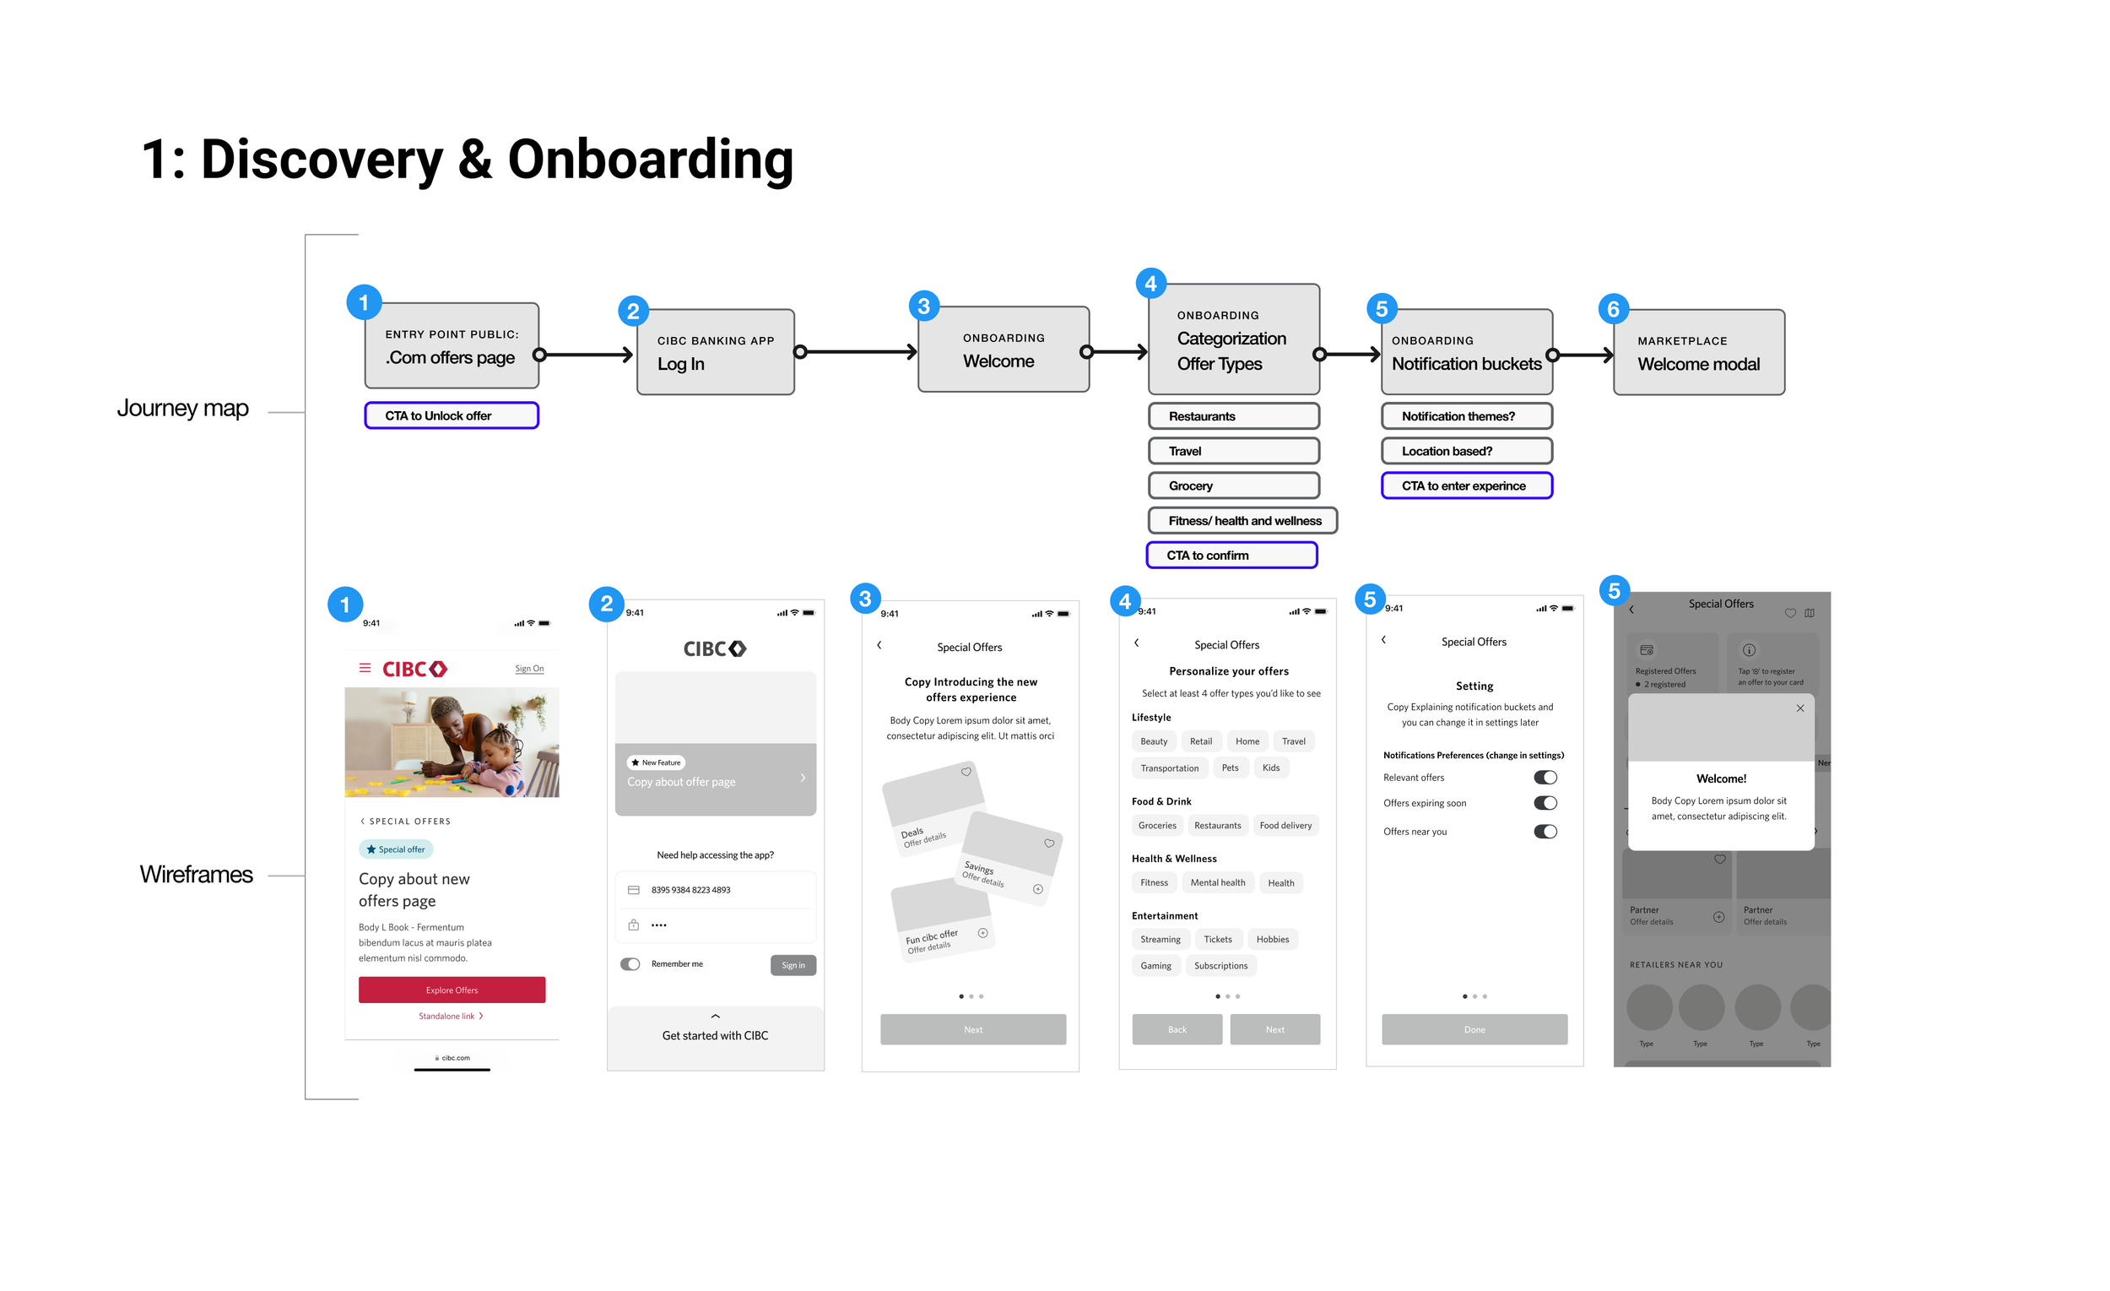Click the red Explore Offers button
coord(452,990)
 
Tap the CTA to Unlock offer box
coord(452,415)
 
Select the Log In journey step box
coord(715,352)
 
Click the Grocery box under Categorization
coord(1233,485)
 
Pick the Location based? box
coord(1466,451)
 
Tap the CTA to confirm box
coord(1231,555)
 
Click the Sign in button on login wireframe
coord(793,965)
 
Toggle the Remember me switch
coord(630,963)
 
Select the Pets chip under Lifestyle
coord(1230,768)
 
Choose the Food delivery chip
coord(1285,826)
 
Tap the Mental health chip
coord(1217,882)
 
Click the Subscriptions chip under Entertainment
coord(1220,965)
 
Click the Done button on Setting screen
coord(1474,1029)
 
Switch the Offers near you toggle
coord(1545,831)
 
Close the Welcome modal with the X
coord(1799,708)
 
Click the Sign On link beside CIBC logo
coord(529,668)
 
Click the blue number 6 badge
coord(1613,308)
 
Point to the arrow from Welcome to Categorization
coord(1117,351)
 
